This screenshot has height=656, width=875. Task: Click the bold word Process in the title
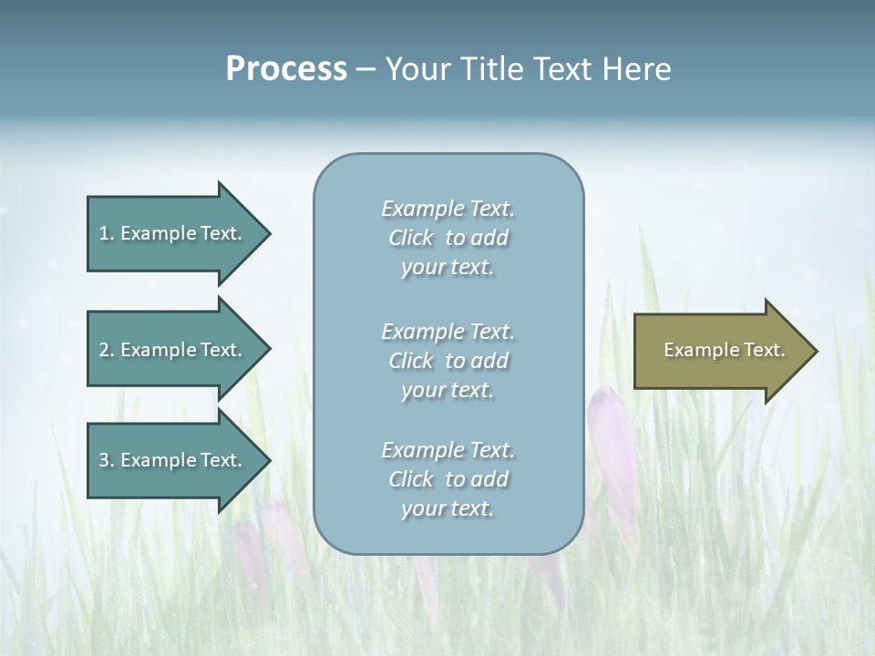point(286,69)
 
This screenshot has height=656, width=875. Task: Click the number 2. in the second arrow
point(106,350)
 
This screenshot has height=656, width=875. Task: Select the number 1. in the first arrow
point(106,233)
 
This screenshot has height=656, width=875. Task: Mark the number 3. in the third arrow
point(106,460)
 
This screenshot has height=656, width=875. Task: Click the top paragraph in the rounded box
point(448,238)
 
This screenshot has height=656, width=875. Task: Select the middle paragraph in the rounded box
point(448,361)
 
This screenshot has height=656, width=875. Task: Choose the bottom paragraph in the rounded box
point(448,479)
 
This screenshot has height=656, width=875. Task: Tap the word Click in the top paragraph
point(411,238)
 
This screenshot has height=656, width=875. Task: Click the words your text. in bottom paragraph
point(448,508)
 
